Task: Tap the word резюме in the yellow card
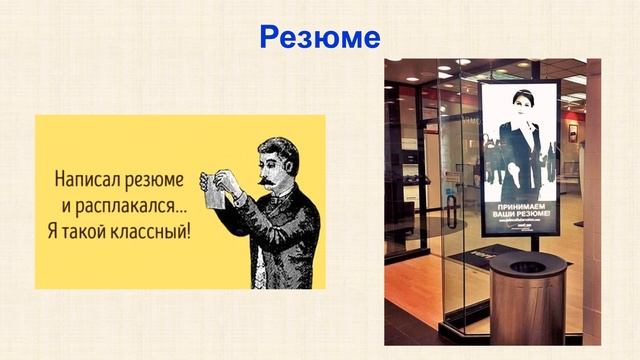tap(158, 182)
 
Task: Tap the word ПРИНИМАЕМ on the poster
tap(518, 210)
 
